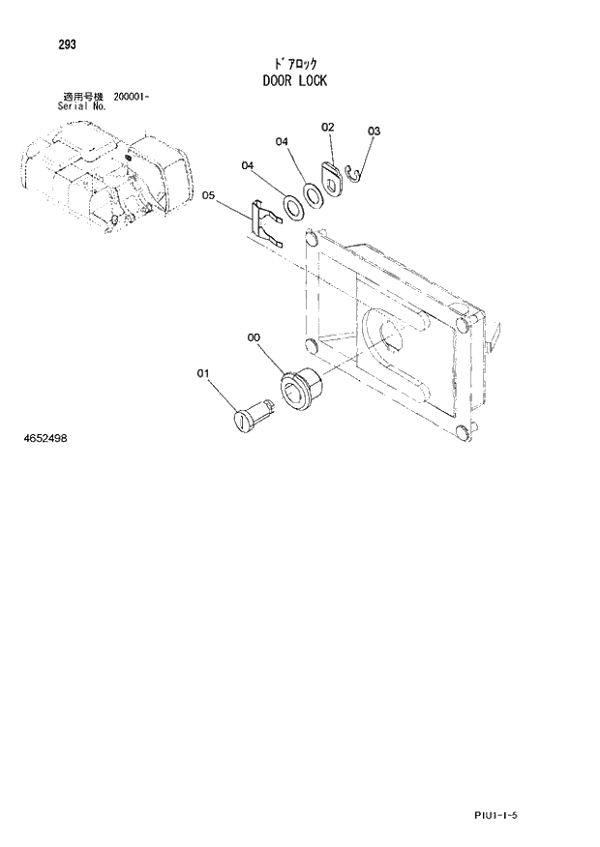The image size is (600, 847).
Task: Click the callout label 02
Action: tap(327, 127)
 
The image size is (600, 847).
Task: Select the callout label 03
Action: tap(374, 131)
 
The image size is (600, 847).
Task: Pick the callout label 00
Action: tap(254, 337)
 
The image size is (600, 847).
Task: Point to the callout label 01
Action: tap(203, 371)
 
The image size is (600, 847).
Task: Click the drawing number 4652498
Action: tap(45, 439)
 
